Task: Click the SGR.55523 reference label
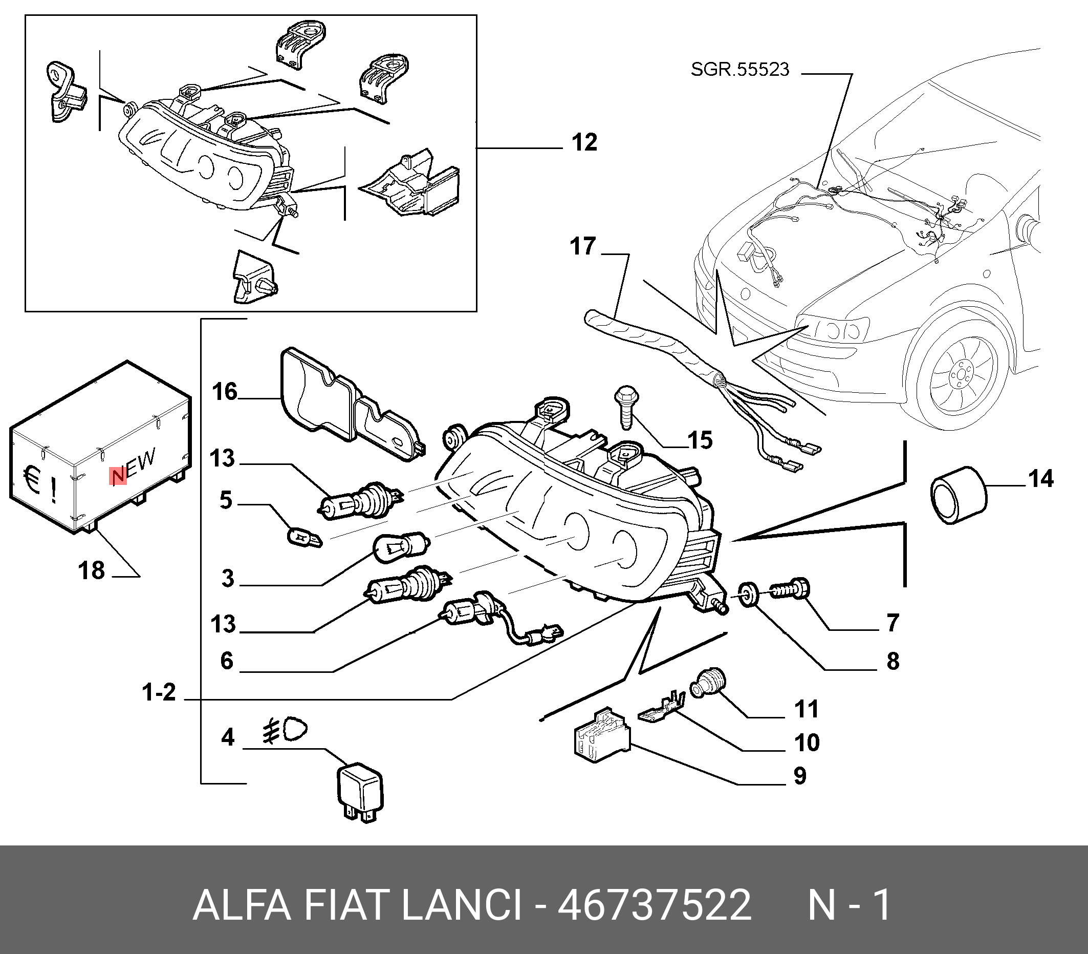click(739, 70)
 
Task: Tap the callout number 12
click(584, 143)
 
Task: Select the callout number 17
click(582, 246)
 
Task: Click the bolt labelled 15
click(626, 407)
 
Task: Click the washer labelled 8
click(749, 595)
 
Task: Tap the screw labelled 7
click(790, 589)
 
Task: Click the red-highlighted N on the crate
click(118, 476)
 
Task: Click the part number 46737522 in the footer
click(654, 905)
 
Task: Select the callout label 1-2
click(159, 693)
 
